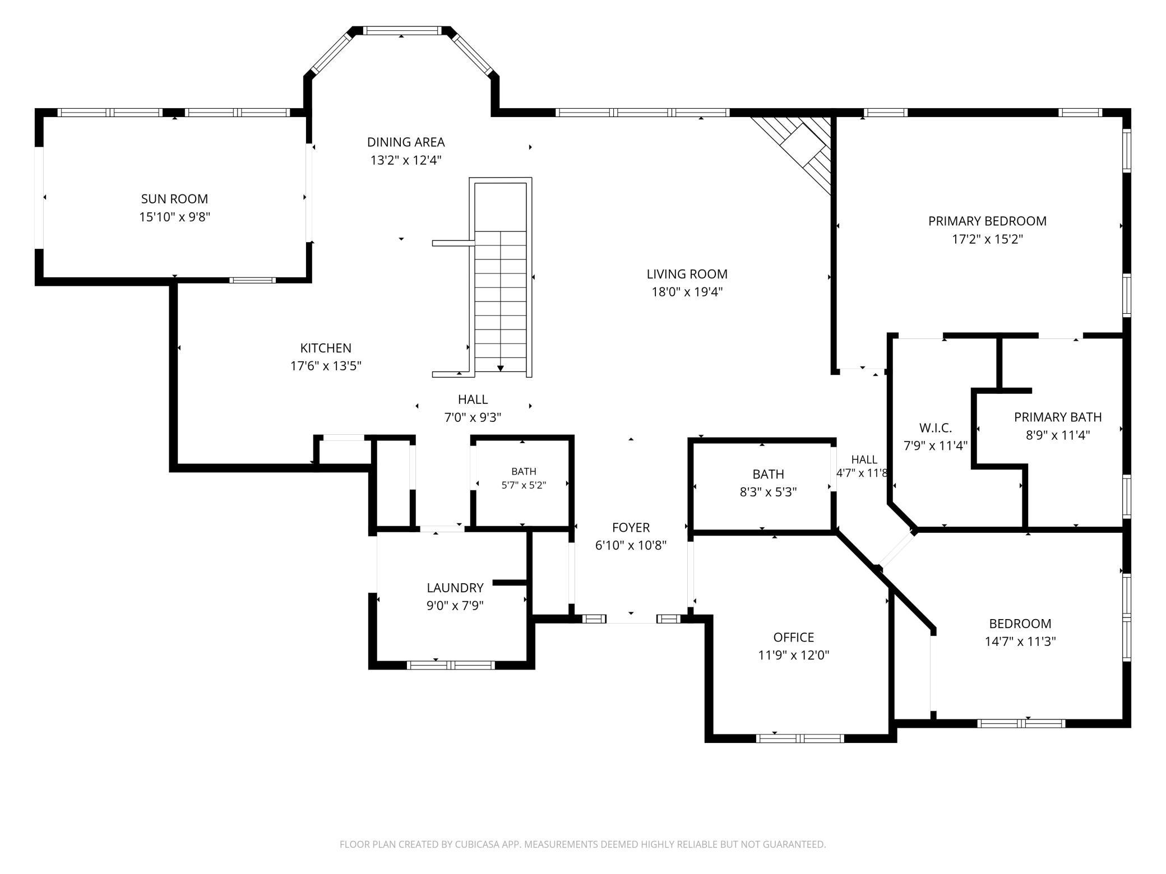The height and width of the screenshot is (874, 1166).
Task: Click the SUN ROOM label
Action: coord(174,199)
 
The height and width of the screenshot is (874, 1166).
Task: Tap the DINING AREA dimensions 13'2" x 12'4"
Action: coord(406,160)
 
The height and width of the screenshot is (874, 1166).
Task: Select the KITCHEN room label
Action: coord(326,348)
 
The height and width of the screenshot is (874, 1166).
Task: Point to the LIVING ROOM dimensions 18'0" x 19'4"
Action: coord(687,292)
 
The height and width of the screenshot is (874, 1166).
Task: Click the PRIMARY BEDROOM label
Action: coord(987,221)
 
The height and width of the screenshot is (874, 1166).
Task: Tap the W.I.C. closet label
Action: coord(936,428)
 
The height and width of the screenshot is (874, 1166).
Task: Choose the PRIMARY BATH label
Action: coord(1058,417)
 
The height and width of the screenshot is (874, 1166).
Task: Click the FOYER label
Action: coord(631,527)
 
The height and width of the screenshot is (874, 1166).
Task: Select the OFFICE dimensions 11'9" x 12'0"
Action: coord(794,655)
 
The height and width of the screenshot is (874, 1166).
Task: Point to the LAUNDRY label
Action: coord(455,588)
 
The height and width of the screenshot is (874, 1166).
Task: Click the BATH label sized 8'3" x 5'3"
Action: coord(768,475)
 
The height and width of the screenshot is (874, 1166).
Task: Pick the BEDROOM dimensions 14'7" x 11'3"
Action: coord(1020,641)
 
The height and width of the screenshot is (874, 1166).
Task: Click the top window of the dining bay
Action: coord(402,31)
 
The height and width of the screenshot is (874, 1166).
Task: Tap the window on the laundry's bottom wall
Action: coord(451,665)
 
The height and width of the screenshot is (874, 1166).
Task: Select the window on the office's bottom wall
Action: coord(800,738)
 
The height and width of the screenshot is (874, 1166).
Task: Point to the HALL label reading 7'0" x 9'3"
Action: coord(473,399)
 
